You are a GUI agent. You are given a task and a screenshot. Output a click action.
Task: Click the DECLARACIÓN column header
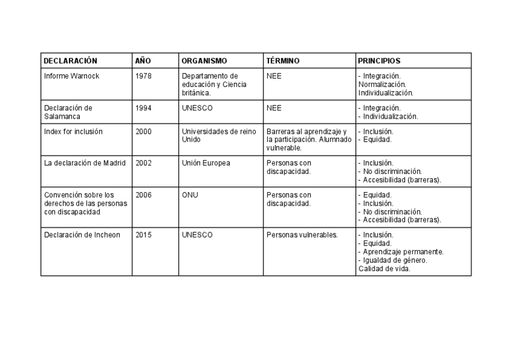70,61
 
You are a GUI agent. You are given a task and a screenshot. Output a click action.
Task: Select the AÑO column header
143,61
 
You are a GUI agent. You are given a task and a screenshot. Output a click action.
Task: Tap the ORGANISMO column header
204,61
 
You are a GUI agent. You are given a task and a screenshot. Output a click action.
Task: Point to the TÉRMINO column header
283,61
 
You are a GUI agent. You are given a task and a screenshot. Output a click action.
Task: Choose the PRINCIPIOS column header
379,61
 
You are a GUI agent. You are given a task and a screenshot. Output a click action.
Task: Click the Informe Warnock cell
71,77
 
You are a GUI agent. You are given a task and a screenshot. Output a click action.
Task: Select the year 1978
143,77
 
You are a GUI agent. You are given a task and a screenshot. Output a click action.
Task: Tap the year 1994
143,109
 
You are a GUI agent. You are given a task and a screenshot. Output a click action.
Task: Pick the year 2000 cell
143,131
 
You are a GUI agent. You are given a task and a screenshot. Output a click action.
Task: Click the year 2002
143,163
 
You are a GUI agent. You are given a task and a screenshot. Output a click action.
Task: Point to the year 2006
143,195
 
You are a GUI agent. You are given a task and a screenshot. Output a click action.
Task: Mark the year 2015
143,235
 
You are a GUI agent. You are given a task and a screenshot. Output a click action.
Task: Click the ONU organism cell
190,195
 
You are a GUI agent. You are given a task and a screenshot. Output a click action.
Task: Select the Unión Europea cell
206,163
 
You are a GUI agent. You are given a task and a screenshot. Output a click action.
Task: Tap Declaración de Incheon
82,235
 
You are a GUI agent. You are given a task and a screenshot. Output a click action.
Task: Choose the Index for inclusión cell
73,131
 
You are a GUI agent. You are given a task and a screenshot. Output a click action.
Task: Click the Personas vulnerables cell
302,235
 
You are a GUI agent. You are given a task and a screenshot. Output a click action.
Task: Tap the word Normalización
382,85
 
